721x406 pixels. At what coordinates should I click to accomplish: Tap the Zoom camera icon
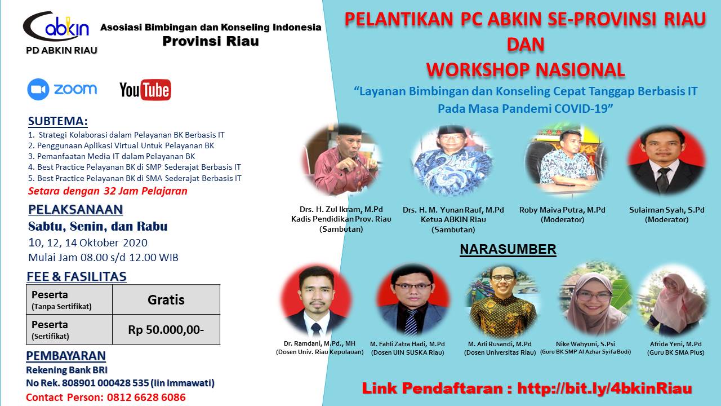pyautogui.click(x=38, y=90)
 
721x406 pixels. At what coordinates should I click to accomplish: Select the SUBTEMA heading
pyautogui.click(x=58, y=122)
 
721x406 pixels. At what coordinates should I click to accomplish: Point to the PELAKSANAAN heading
pyautogui.click(x=75, y=210)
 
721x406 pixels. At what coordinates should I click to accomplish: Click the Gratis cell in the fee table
pyautogui.click(x=166, y=300)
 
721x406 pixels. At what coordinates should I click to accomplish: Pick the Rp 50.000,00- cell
pyautogui.click(x=166, y=330)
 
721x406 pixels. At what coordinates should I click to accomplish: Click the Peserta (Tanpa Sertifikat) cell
pyautogui.click(x=69, y=300)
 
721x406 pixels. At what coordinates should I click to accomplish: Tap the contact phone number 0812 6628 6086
pyautogui.click(x=145, y=397)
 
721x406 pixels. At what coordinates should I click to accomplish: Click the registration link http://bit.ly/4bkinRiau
pyautogui.click(x=604, y=388)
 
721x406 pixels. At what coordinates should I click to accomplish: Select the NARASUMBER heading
pyautogui.click(x=508, y=249)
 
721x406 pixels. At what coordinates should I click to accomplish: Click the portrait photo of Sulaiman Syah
pyautogui.click(x=666, y=160)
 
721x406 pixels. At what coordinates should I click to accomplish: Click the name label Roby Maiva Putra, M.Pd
pyautogui.click(x=562, y=210)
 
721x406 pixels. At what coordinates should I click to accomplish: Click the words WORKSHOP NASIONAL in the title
pyautogui.click(x=525, y=69)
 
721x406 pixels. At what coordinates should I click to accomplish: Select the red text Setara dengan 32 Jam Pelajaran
pyautogui.click(x=108, y=191)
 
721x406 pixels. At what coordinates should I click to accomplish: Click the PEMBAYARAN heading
pyautogui.click(x=66, y=356)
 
